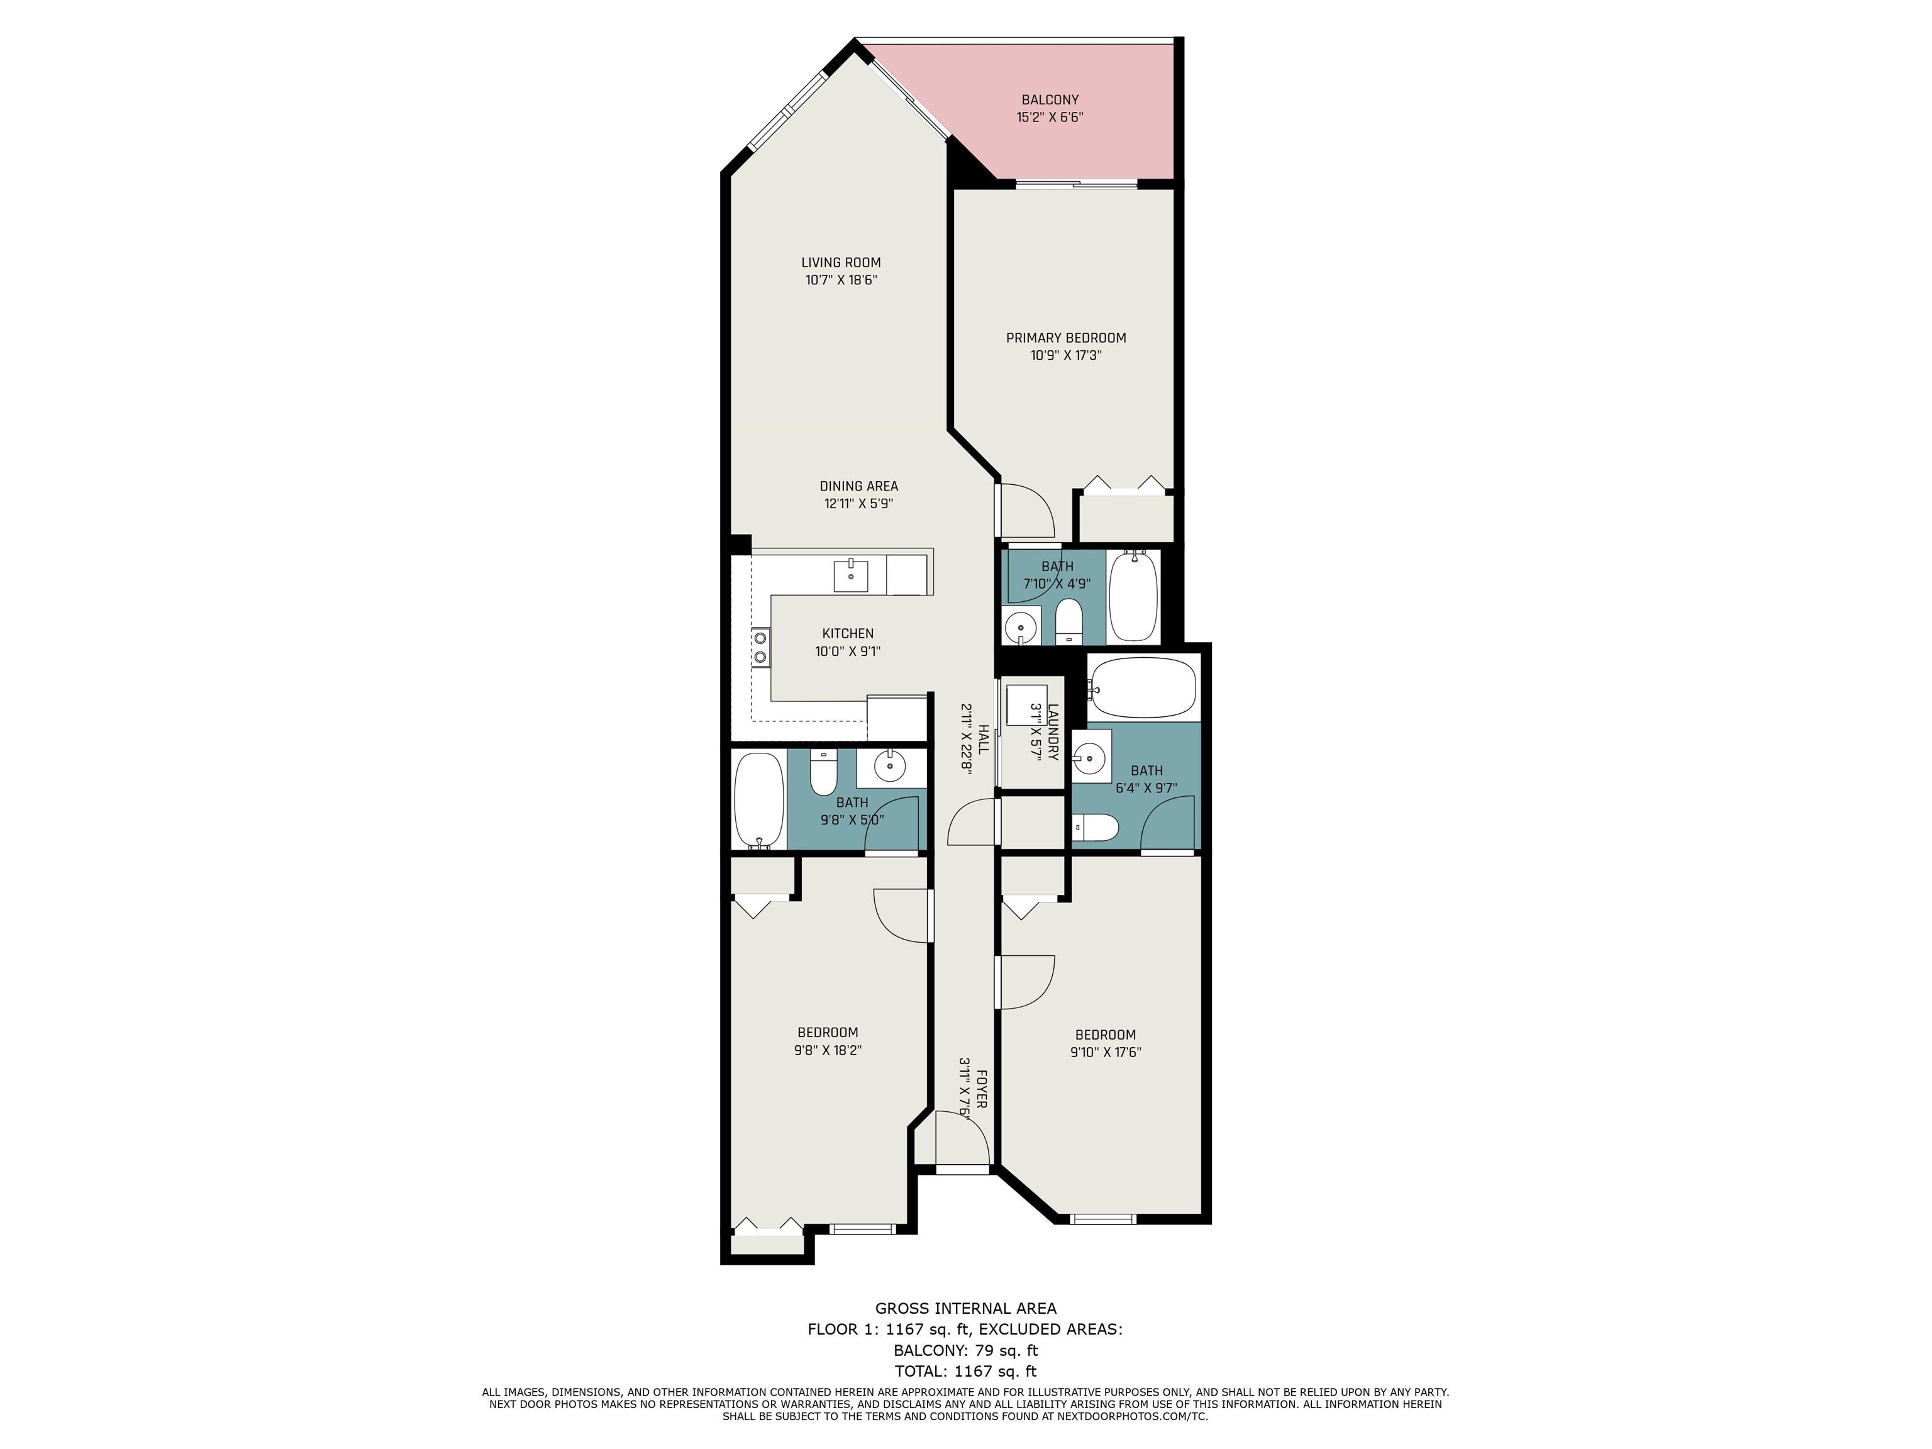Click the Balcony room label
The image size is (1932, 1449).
(1050, 99)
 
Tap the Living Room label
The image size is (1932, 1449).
(841, 262)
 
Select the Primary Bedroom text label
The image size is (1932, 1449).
(1065, 338)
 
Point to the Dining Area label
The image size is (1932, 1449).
(858, 487)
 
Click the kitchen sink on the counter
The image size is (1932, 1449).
(851, 577)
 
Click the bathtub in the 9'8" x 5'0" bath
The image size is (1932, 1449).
(759, 799)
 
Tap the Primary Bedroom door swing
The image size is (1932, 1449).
(1027, 511)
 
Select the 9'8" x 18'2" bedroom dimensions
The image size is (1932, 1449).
(828, 1051)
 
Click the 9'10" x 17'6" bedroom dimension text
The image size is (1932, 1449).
(1106, 1052)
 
